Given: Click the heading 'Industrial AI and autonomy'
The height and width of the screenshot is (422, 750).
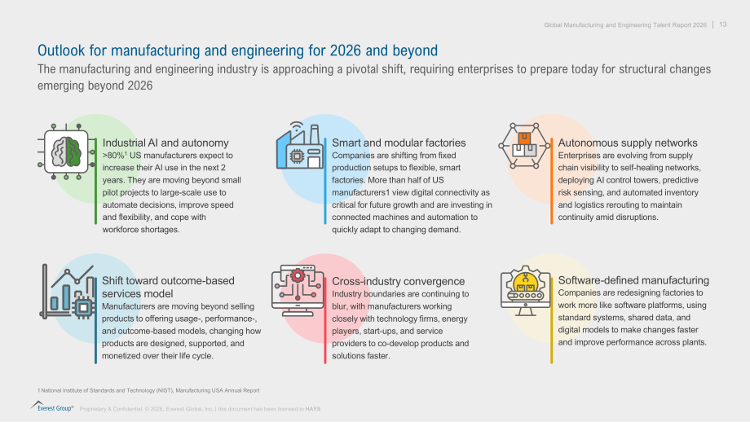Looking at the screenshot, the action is point(165,143).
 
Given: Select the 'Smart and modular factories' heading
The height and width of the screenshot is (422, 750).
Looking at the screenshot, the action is point(399,143).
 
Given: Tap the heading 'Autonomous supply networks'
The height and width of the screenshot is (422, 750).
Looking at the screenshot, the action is point(628,143).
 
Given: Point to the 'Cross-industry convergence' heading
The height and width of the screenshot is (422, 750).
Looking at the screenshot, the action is point(398,281).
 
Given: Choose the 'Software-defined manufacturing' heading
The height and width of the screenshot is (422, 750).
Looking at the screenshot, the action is point(633,280).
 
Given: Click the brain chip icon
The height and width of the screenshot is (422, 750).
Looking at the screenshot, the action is point(66,152).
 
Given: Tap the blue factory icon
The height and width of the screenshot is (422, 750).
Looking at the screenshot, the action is point(300,145).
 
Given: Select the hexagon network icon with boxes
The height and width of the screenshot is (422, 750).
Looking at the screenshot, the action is point(524,145).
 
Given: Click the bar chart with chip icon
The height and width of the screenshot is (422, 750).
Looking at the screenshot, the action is point(68,292).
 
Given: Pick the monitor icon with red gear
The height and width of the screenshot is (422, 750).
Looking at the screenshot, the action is point(298,291).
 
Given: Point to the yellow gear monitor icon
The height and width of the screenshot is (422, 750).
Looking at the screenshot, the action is point(525,291).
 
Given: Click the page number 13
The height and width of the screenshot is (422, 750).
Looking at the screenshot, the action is point(723,24).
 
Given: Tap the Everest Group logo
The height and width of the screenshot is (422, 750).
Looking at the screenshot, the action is point(51,407).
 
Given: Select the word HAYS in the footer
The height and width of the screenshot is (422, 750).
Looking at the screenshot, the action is point(313,409).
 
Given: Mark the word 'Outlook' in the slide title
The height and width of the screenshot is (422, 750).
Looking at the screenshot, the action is point(61,51).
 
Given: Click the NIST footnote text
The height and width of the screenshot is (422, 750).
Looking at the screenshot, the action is point(148,390).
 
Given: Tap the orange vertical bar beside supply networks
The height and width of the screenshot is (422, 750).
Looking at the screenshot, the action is point(552,181).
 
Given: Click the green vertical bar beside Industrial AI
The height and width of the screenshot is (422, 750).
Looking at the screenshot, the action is point(95,181).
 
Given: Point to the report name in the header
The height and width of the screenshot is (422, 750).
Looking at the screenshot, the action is point(625,25).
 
